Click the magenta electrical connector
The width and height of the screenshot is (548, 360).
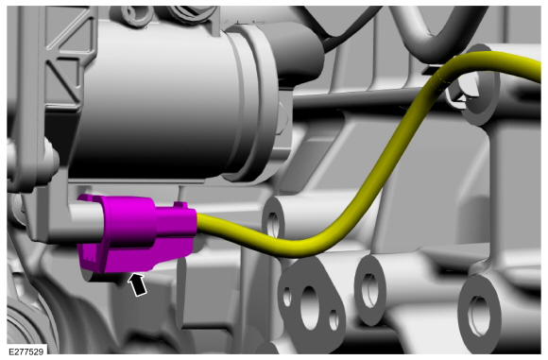click(x=136, y=233)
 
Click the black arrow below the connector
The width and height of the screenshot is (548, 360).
click(x=138, y=284)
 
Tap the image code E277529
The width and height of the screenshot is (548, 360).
click(x=26, y=351)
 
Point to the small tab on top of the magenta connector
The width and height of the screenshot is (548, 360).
click(x=180, y=204)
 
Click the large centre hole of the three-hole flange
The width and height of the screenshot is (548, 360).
click(x=310, y=307)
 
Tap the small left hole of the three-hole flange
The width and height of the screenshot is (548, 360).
click(x=287, y=297)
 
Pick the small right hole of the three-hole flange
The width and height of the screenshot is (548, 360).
click(x=334, y=319)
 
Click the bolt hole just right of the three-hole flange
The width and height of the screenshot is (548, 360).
click(x=369, y=290)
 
